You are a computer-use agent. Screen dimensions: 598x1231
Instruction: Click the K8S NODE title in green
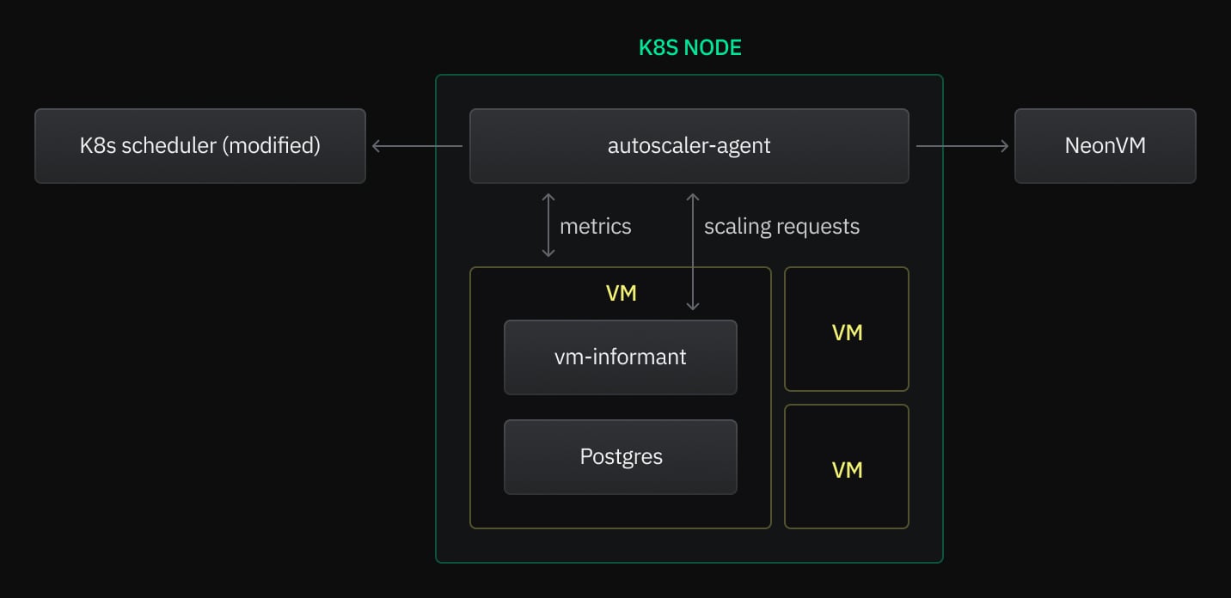(689, 48)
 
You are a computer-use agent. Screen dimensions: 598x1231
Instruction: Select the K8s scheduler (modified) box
(199, 146)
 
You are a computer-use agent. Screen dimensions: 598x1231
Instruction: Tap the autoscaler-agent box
(689, 146)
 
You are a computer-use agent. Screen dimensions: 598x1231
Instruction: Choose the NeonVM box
(1105, 146)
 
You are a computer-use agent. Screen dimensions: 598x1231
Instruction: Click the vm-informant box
(620, 357)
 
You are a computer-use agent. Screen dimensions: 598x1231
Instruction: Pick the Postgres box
(620, 457)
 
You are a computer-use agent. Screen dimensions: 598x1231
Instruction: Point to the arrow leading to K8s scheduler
(417, 146)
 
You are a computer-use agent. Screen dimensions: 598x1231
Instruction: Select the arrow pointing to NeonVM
(962, 146)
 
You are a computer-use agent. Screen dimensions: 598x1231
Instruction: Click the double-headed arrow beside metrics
(548, 226)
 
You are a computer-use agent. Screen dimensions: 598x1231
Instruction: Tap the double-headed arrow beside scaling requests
(693, 252)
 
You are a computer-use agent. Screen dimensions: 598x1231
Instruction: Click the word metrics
(595, 227)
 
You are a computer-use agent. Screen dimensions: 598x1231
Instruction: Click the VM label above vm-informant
(621, 293)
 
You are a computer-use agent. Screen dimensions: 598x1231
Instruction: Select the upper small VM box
(847, 330)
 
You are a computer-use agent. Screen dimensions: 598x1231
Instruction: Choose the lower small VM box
(847, 467)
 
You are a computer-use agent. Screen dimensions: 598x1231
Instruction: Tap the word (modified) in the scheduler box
(271, 146)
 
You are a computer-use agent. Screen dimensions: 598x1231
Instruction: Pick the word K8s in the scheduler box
(97, 146)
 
